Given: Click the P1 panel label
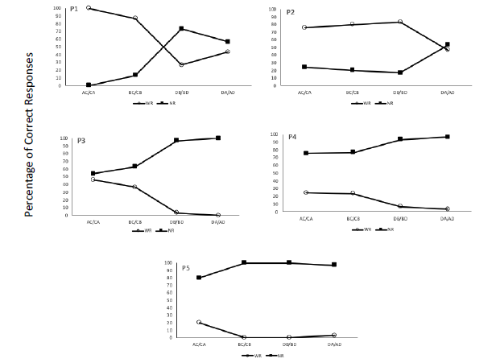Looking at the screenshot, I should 74,9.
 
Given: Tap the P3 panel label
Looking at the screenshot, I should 81,141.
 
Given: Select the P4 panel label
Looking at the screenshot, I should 293,138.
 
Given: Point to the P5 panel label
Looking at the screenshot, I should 185,267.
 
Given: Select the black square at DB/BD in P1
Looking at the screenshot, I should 181,28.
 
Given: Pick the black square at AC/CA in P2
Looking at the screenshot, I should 305,67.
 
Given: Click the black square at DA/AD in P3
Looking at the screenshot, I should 217,138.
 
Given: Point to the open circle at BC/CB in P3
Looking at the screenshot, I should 134,187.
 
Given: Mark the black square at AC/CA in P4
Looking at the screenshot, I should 306,153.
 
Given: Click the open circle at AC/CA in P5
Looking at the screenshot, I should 197,322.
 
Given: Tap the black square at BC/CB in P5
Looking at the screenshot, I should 243,262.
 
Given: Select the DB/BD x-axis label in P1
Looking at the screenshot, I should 181,93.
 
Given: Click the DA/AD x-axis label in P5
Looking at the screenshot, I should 333,345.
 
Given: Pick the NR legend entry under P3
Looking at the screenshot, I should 166,231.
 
